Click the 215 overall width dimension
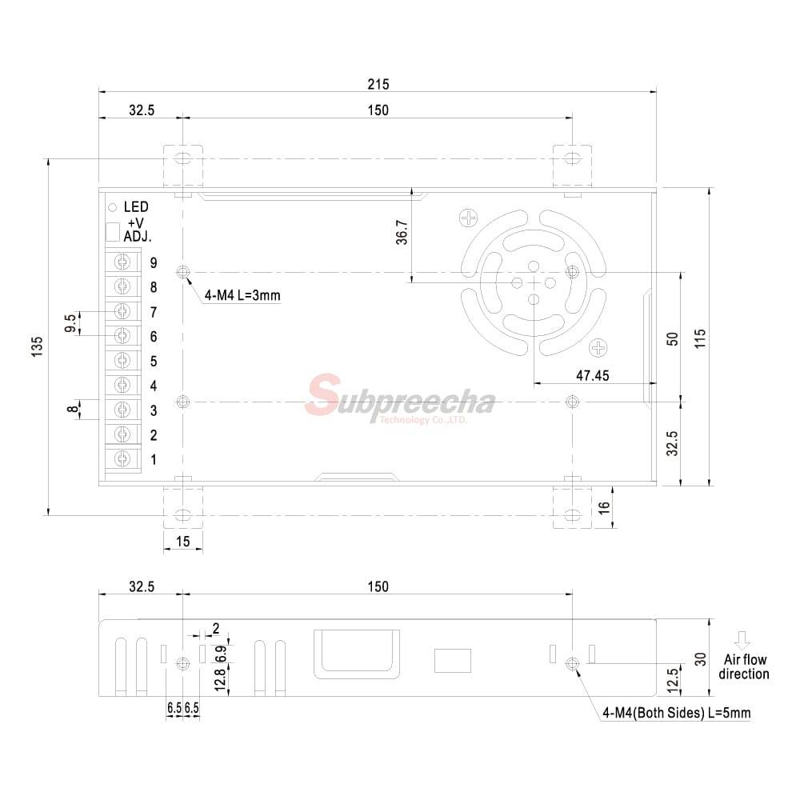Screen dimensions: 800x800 click(x=378, y=84)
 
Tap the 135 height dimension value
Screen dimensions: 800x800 click(x=38, y=346)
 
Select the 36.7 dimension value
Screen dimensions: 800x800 click(x=402, y=232)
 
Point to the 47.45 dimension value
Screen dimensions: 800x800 click(x=592, y=375)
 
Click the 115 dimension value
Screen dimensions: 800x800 click(x=700, y=338)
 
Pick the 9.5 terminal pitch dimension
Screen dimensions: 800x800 click(x=70, y=323)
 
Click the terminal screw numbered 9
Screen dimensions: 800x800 click(x=122, y=262)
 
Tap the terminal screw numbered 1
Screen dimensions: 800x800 click(x=122, y=459)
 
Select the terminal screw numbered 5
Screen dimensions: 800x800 click(x=122, y=361)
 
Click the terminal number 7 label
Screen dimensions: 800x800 click(x=154, y=312)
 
